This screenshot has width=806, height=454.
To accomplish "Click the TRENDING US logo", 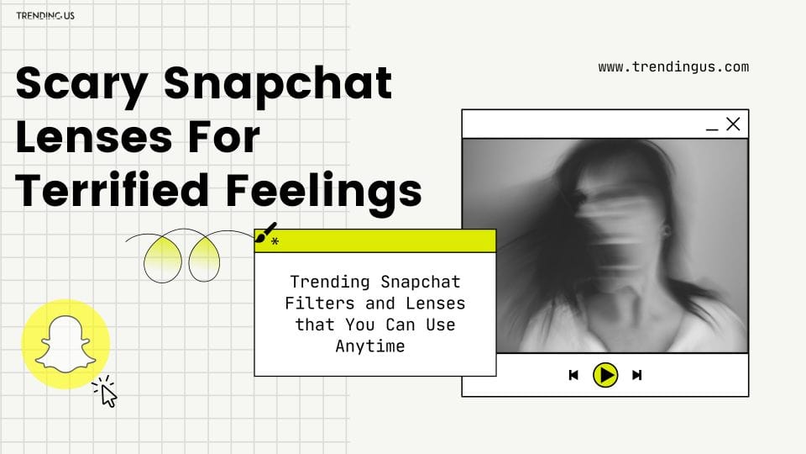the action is tap(45, 15).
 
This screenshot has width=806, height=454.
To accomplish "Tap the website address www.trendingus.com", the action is tap(673, 67).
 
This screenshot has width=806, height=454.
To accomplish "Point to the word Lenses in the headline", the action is tap(94, 137).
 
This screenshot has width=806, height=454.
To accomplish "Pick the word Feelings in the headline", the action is tap(324, 192).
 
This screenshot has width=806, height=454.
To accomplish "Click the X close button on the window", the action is tap(733, 124).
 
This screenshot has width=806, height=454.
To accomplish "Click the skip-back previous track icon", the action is tap(573, 375).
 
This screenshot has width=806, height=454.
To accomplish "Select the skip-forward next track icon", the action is tap(637, 375).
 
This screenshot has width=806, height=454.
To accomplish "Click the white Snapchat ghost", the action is tap(65, 344).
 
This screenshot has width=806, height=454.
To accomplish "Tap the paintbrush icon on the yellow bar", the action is tap(266, 232).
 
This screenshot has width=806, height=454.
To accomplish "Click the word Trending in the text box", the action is tap(329, 282).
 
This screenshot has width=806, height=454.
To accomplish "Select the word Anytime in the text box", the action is tap(370, 346).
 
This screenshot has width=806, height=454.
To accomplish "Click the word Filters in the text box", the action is tap(320, 304).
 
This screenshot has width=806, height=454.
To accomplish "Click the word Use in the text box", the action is tap(441, 325).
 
